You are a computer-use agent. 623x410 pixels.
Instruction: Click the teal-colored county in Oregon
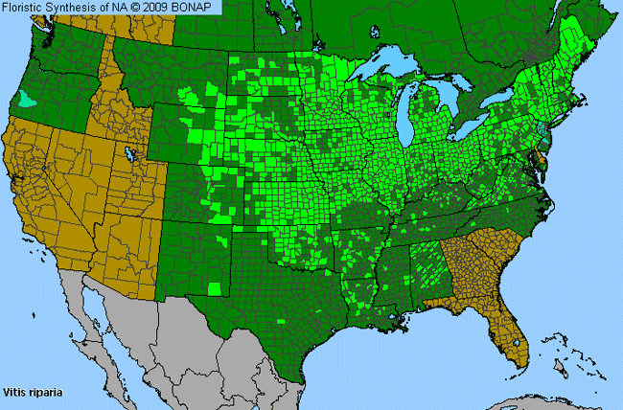[31, 98]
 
